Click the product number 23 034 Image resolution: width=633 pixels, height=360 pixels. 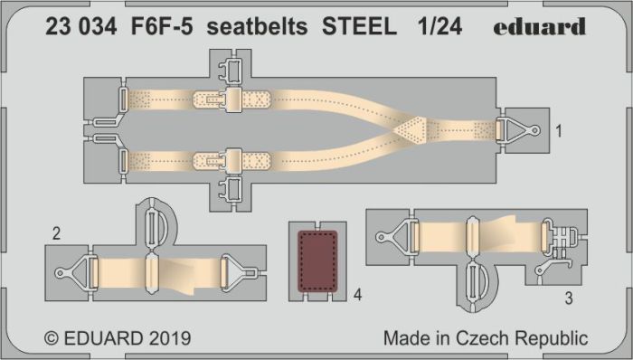pyautogui.click(x=80, y=27)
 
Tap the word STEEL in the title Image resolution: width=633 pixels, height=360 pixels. pyautogui.click(x=359, y=27)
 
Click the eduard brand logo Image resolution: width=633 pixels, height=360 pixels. pyautogui.click(x=539, y=26)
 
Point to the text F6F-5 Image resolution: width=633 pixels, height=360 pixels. pyautogui.click(x=162, y=27)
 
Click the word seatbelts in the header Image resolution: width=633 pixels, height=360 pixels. pyautogui.click(x=257, y=27)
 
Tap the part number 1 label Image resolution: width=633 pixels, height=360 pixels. pyautogui.click(x=559, y=131)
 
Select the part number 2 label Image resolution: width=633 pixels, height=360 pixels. pyautogui.click(x=56, y=233)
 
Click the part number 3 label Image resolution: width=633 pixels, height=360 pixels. pyautogui.click(x=569, y=298)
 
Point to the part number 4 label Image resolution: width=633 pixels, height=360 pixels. pyautogui.click(x=358, y=295)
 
